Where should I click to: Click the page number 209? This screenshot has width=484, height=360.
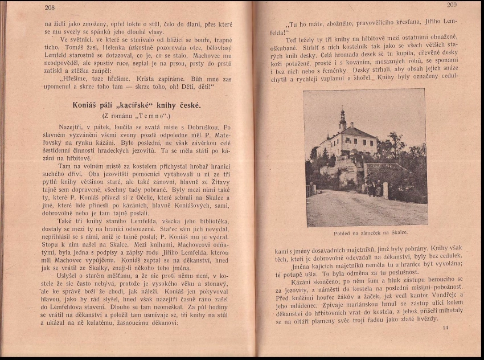pos(452,6)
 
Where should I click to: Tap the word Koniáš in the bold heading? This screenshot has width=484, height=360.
pos(88,106)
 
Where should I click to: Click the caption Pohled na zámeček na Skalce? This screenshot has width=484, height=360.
pos(371,232)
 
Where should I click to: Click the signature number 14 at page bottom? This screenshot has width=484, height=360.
pos(445,328)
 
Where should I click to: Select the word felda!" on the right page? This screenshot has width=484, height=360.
pos(280,32)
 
